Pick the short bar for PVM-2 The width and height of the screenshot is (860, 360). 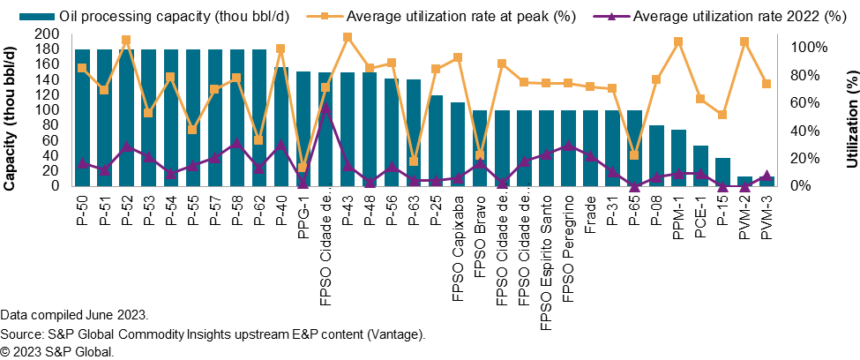coord(744,182)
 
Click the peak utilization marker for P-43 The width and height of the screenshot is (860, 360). coord(348,37)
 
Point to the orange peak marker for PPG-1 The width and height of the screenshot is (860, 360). coord(303,168)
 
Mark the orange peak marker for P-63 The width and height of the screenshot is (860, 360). coord(414,161)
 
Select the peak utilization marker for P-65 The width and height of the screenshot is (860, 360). coord(634,155)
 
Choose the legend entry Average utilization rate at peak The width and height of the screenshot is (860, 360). coord(450,16)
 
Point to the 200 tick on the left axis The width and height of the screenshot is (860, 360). coord(48,34)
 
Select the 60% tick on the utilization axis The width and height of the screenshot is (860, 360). coord(800,102)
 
